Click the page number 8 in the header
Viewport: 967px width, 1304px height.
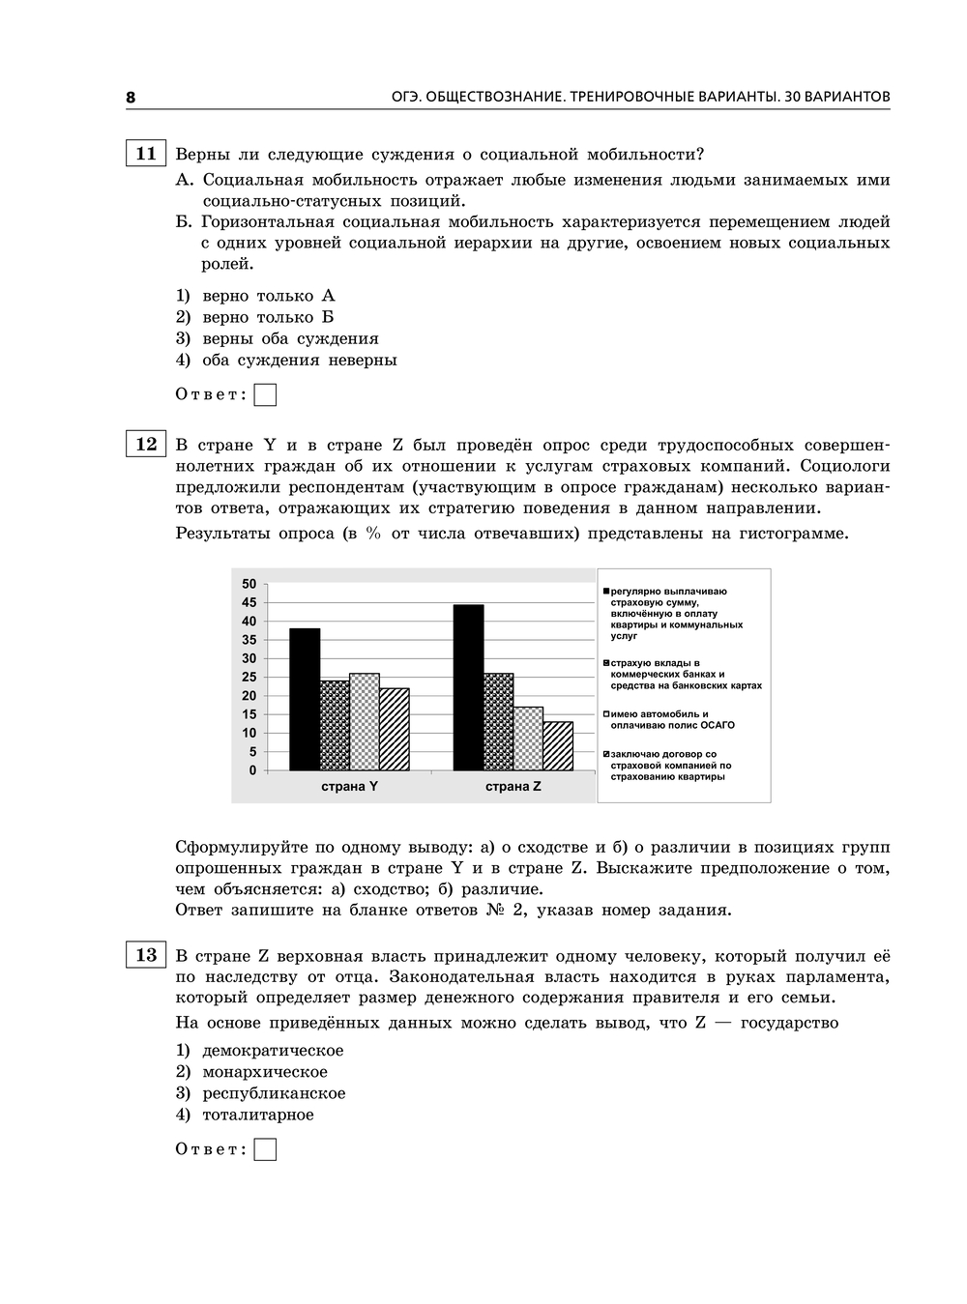point(131,97)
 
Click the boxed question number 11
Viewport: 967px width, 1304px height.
point(145,154)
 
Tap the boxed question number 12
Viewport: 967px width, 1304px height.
point(145,444)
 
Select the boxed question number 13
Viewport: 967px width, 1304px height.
point(145,955)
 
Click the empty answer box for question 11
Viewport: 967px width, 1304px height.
point(265,394)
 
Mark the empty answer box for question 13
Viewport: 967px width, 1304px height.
point(265,1149)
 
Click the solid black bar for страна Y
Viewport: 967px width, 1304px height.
point(305,699)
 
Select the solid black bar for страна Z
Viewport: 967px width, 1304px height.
point(469,687)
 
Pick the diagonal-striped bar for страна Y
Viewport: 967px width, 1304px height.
point(395,729)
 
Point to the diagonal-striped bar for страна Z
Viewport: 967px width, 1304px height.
point(558,745)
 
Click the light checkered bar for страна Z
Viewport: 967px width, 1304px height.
point(528,739)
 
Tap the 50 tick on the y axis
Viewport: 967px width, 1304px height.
point(249,584)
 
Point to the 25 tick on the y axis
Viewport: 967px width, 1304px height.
point(249,677)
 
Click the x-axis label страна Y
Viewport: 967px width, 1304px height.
point(349,787)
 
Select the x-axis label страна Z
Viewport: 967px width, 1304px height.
point(513,787)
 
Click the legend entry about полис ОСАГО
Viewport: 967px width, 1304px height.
point(669,719)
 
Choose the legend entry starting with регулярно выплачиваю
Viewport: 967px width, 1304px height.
point(674,613)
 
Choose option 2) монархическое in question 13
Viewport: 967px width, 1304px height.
point(264,1071)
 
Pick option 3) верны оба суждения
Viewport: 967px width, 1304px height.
point(289,338)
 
